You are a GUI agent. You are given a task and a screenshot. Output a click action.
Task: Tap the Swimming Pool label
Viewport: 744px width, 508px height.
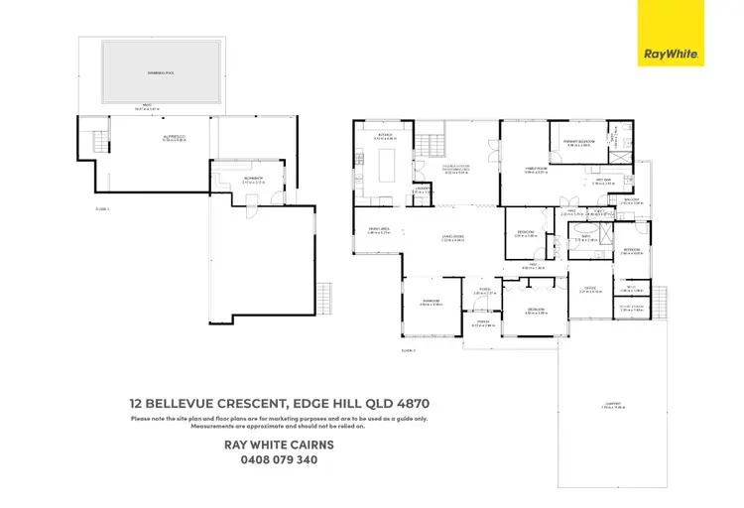click(x=153, y=73)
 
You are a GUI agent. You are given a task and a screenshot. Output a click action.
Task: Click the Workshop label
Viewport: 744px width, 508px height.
click(x=252, y=179)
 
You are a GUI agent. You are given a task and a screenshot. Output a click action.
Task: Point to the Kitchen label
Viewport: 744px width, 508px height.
click(x=386, y=134)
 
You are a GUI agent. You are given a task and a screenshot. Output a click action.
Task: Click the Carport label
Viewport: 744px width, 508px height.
click(x=613, y=403)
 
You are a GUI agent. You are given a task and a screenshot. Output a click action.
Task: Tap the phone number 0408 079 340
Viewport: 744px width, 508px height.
click(x=279, y=459)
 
